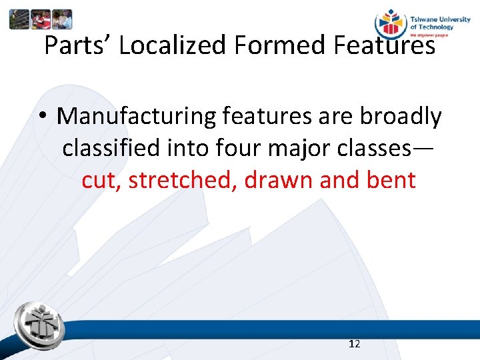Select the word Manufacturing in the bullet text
click(x=136, y=117)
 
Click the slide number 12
click(x=355, y=344)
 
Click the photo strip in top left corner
click(x=41, y=19)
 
